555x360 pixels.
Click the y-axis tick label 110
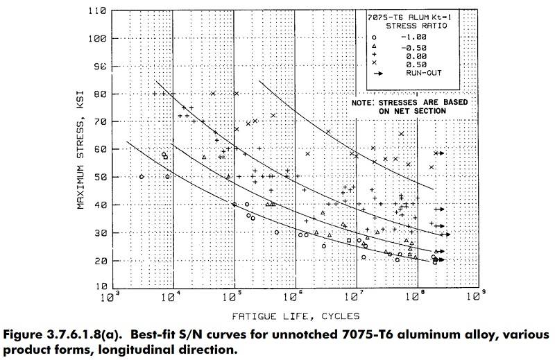[x=96, y=12]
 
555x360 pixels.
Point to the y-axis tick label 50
[x=99, y=177]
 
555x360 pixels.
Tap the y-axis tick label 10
[x=99, y=286]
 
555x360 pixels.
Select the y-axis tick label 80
[x=99, y=94]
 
